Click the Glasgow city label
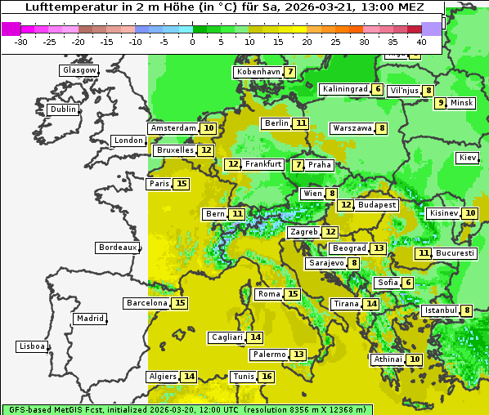point(79,70)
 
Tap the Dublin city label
point(63,109)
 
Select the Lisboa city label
point(32,346)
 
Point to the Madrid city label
point(89,319)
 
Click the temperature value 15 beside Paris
point(181,184)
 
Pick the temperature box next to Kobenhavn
point(290,72)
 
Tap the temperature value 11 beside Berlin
point(302,123)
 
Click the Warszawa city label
point(352,128)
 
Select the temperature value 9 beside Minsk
point(440,103)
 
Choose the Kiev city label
point(468,158)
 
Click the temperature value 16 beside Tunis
point(267,377)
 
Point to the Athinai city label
point(388,359)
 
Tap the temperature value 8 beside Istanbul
point(466,310)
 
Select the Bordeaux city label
point(117,248)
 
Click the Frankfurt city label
point(263,164)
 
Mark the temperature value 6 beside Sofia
point(407,283)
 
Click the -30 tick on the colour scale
point(22,42)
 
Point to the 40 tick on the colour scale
point(421,42)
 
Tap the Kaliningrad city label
point(344,89)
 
